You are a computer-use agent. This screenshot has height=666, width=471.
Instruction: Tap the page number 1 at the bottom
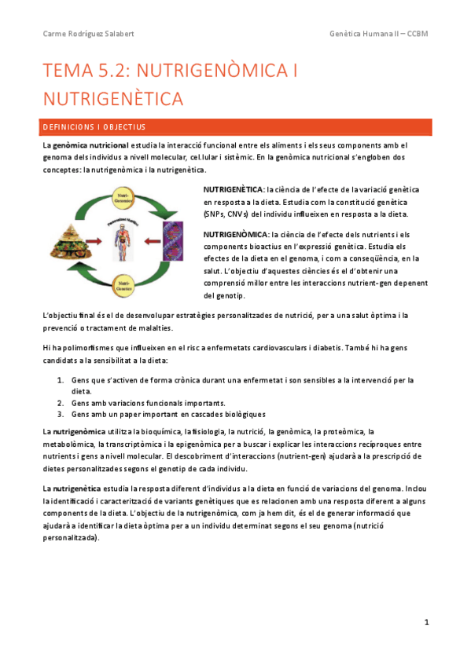[x=426, y=623]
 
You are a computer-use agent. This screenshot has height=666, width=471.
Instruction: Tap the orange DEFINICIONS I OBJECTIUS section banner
[x=236, y=126]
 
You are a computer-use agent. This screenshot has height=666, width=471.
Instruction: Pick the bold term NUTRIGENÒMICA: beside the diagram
[x=234, y=234]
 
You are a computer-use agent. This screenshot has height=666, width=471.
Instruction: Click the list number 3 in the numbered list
[x=61, y=413]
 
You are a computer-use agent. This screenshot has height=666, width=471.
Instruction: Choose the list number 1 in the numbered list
[x=61, y=379]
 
